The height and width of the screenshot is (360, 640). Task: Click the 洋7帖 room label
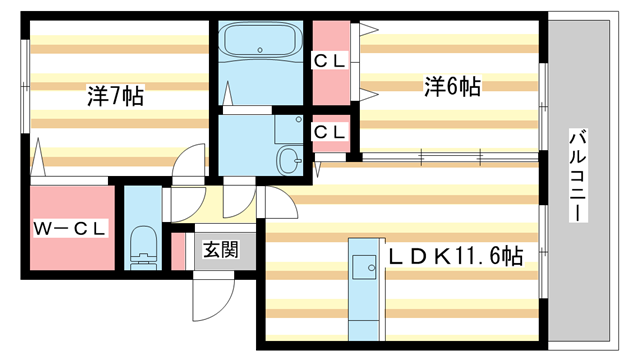click(114, 96)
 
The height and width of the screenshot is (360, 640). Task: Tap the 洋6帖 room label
click(452, 87)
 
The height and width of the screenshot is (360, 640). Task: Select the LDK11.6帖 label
click(455, 256)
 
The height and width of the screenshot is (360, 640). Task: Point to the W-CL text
click(69, 229)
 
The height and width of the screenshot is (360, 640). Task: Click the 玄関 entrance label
click(221, 250)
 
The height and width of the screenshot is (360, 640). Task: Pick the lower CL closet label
click(330, 131)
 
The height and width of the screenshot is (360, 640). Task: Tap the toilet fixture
click(144, 246)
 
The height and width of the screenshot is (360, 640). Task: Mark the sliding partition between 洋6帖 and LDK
click(450, 155)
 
